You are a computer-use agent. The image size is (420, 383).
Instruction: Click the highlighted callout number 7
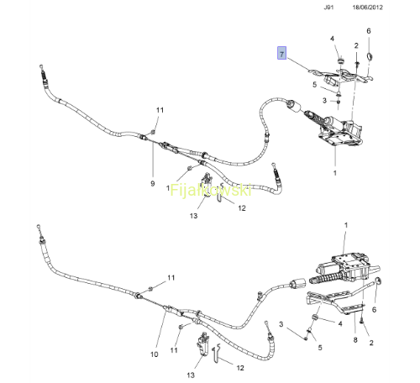pos(281,53)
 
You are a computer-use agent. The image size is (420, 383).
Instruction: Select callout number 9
pos(153,184)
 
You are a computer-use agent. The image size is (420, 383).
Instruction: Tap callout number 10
pos(155,354)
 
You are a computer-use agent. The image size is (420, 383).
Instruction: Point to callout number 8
pos(355,340)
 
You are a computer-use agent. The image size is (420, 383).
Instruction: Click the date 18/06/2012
pos(367,8)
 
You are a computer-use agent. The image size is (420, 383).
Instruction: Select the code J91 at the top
pos(328,8)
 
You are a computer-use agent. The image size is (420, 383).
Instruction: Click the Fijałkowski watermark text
pos(211,191)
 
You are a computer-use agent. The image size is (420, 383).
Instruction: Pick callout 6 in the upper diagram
pos(369,31)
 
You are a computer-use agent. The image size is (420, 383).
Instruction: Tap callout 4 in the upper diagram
pos(333,39)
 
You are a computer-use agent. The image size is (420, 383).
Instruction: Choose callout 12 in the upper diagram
pos(242,208)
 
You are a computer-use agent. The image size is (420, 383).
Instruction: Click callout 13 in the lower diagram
pos(191,375)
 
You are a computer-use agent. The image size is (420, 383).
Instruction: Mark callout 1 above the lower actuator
pos(346,225)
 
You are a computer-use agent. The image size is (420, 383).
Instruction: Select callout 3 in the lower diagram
pos(281,324)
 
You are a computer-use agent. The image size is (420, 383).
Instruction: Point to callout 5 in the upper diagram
pos(315,84)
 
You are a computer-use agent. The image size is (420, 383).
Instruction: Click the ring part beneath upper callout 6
pos(370,56)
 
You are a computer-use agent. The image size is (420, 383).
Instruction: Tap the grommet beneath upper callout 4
pos(340,60)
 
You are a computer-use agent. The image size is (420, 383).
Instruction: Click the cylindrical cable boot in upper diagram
pos(294,106)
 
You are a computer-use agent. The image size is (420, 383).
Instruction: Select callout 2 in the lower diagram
pos(371,343)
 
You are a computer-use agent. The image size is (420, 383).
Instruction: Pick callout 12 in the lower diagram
pos(240,368)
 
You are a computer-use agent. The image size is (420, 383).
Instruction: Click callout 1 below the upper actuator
pos(335,173)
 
